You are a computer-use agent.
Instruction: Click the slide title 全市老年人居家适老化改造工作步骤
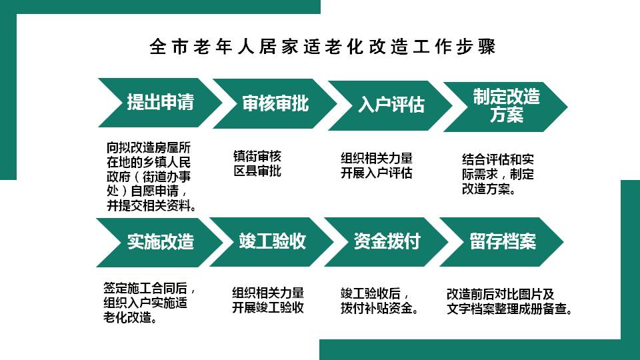[x=323, y=47]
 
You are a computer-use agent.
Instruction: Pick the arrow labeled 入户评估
[x=391, y=105]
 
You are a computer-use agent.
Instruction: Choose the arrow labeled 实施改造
[x=159, y=242]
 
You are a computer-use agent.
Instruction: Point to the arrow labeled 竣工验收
[x=272, y=241]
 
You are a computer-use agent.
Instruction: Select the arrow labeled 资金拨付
[x=387, y=241]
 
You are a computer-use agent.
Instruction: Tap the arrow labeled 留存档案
[x=501, y=241]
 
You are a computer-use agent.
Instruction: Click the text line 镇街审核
[x=257, y=156]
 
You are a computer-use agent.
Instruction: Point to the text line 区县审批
[x=257, y=171]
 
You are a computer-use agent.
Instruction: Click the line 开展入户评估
[x=376, y=173]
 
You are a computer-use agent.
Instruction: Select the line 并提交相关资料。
[x=151, y=205]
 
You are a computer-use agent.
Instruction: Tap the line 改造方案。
[x=489, y=189]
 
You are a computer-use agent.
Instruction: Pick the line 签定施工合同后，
[x=149, y=288]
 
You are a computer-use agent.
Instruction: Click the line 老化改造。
[x=130, y=317]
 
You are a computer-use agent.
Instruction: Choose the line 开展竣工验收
[x=268, y=307]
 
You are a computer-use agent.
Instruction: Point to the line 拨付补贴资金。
[x=379, y=308]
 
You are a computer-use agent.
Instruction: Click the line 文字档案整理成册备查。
[x=509, y=309]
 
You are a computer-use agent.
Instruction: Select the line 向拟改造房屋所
[x=149, y=147]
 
